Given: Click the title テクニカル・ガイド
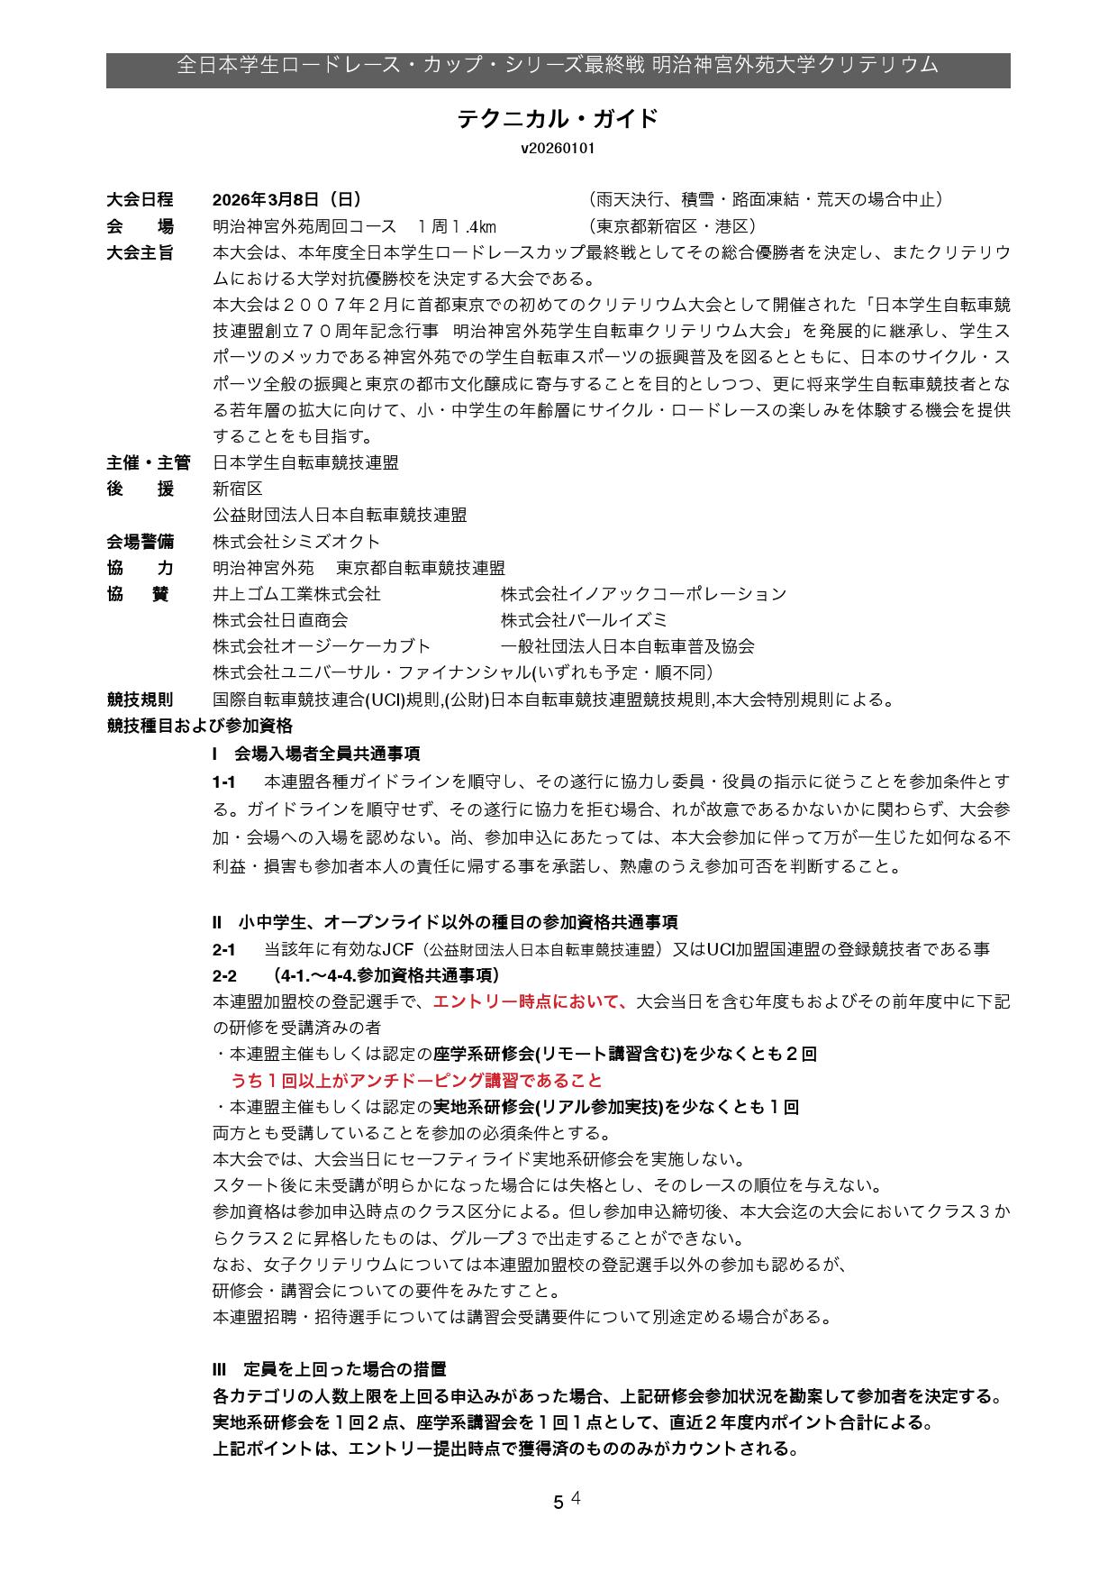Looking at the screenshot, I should [558, 119].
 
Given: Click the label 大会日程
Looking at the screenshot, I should [140, 200].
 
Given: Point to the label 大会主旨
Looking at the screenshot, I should [140, 252].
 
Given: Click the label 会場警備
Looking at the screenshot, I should [140, 542].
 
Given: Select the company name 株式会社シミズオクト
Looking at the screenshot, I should [296, 542].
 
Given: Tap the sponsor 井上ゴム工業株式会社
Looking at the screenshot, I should [296, 594].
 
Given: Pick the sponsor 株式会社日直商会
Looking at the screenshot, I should [280, 620].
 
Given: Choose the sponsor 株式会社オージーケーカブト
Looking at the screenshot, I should [322, 646].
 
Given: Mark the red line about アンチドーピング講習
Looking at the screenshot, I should [416, 1081].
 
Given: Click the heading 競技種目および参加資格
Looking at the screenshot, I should [199, 726].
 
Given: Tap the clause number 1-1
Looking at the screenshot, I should [223, 781].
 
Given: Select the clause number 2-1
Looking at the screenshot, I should [223, 949].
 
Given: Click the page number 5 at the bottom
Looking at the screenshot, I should [558, 1503].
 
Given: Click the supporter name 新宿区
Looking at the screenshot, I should [238, 489].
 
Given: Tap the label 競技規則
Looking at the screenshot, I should [140, 699].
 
